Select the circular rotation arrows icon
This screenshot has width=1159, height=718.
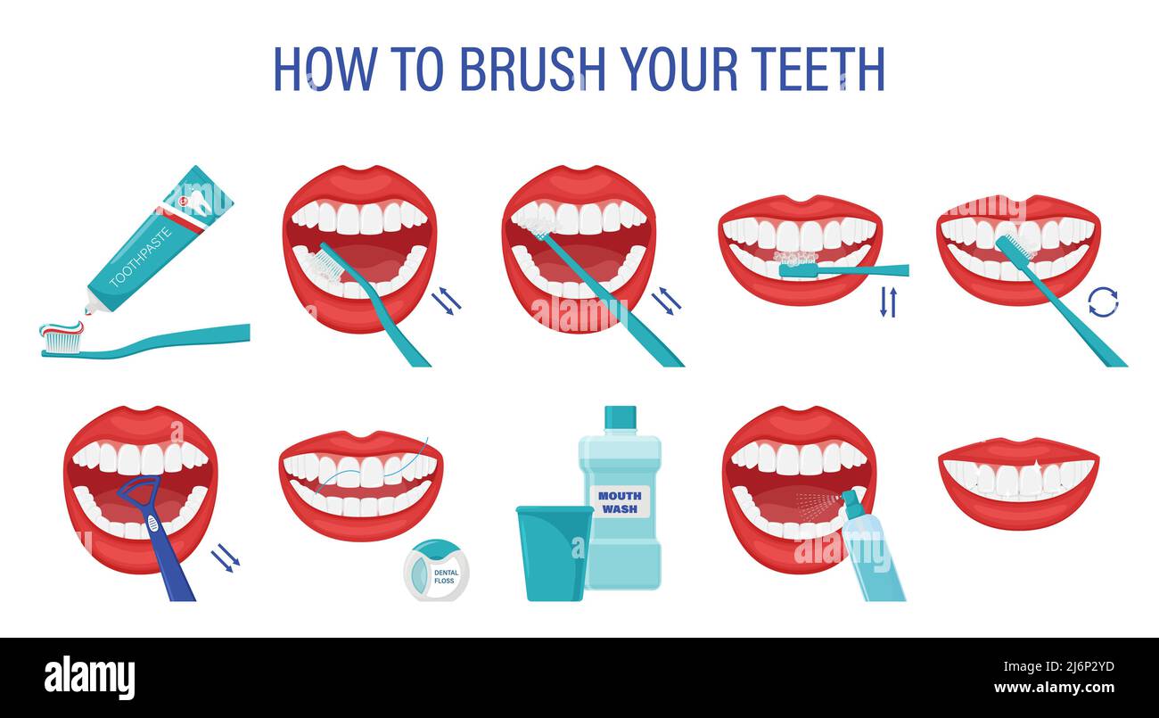point(1103,301)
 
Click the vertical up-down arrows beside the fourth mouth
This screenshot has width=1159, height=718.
point(888,302)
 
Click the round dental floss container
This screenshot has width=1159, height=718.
point(436,571)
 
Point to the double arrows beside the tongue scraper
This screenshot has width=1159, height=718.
point(225,558)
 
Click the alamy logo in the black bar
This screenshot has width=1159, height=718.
point(89,677)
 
